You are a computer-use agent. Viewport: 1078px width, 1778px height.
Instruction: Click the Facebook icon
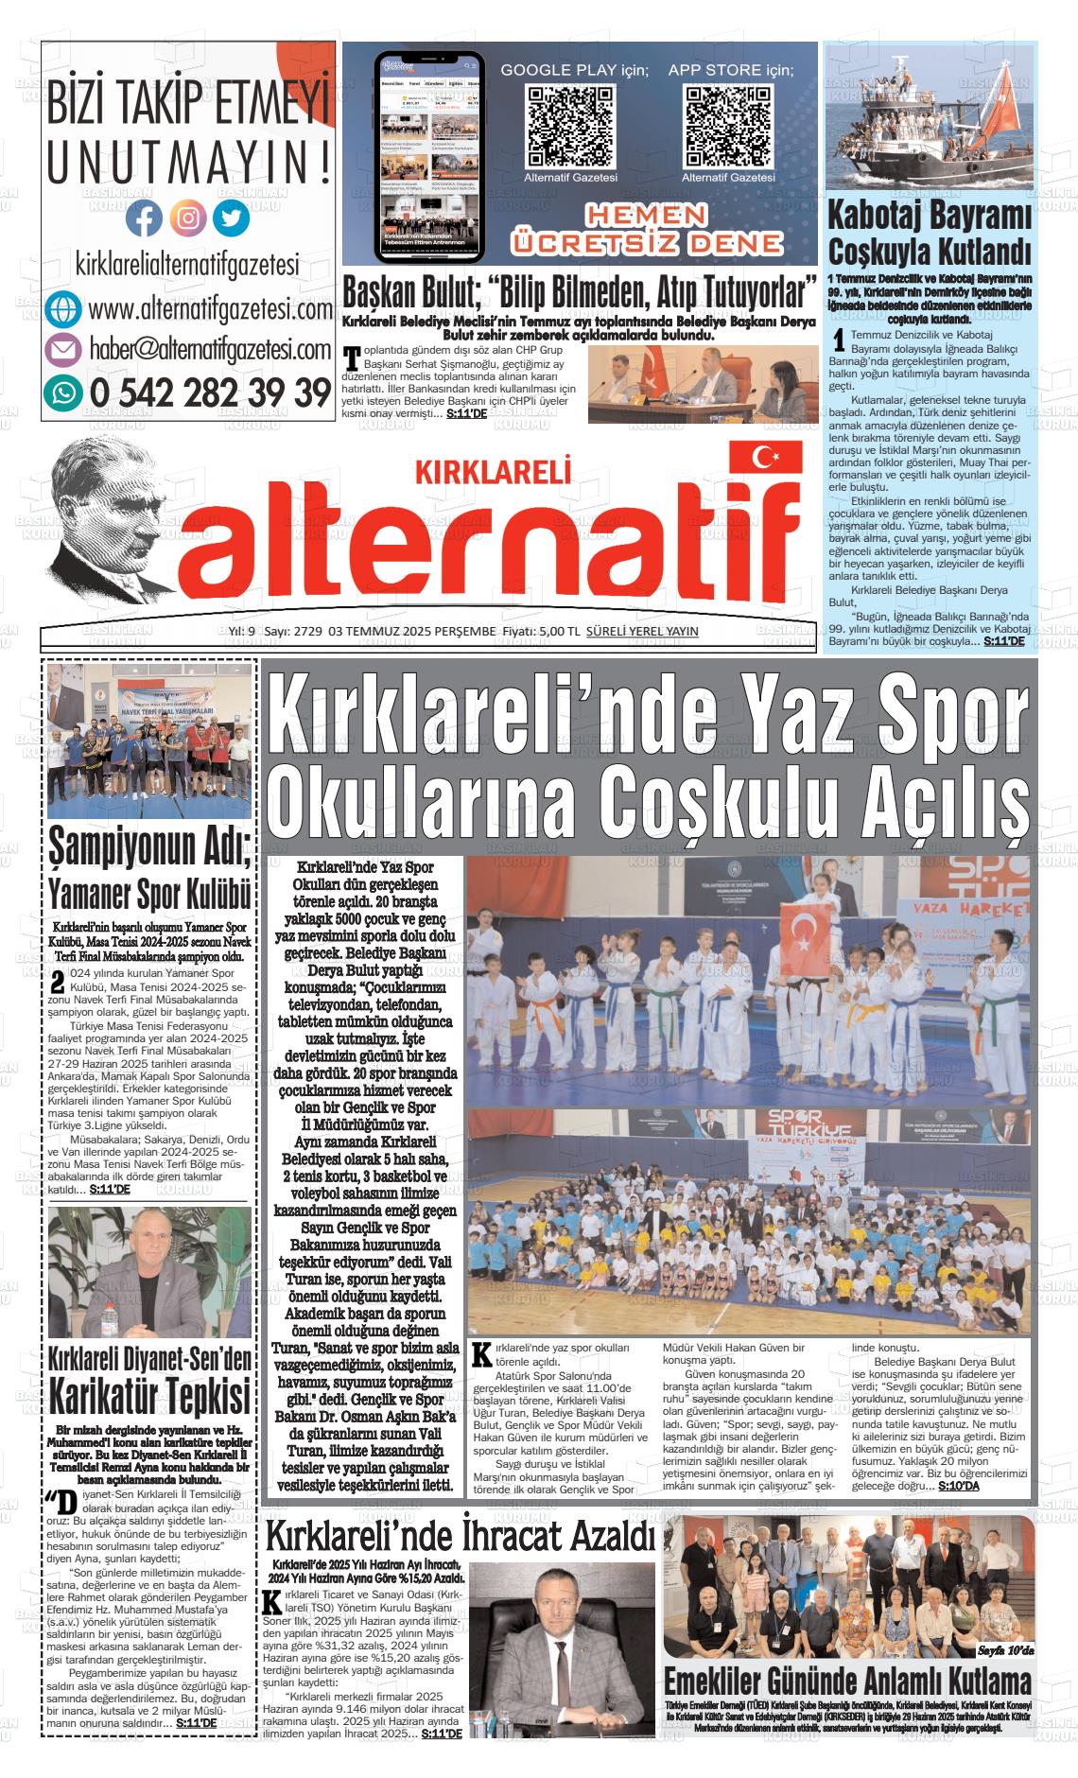point(144,218)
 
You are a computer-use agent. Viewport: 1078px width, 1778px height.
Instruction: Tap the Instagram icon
point(188,218)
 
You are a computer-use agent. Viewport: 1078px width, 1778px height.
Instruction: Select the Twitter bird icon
point(231,218)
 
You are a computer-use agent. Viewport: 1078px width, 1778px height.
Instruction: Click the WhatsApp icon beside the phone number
point(63,391)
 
